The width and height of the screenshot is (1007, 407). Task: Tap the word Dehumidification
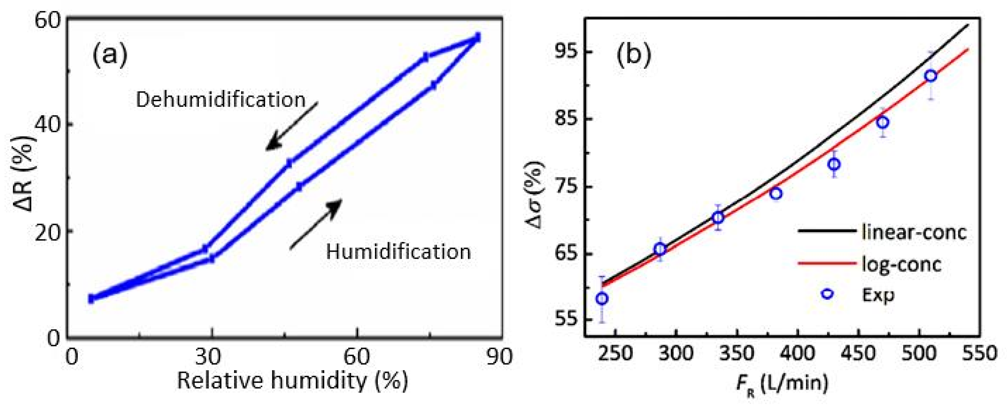click(220, 100)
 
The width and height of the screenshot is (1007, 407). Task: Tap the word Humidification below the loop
click(398, 252)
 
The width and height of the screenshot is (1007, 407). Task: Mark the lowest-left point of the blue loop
click(91, 299)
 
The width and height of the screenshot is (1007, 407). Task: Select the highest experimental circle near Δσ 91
click(931, 76)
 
